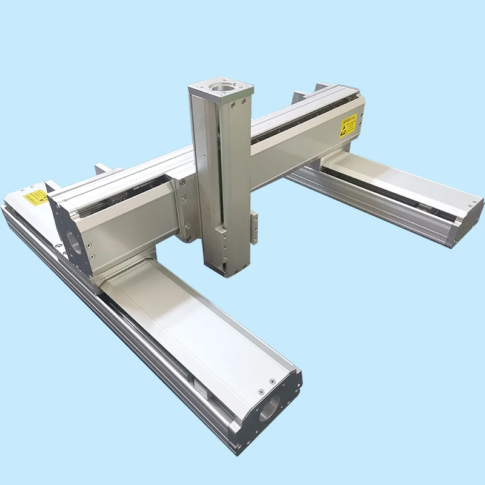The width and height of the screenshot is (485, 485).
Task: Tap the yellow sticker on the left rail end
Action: click(x=35, y=198)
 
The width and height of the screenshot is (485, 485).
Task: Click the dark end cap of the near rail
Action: click(x=267, y=412)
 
